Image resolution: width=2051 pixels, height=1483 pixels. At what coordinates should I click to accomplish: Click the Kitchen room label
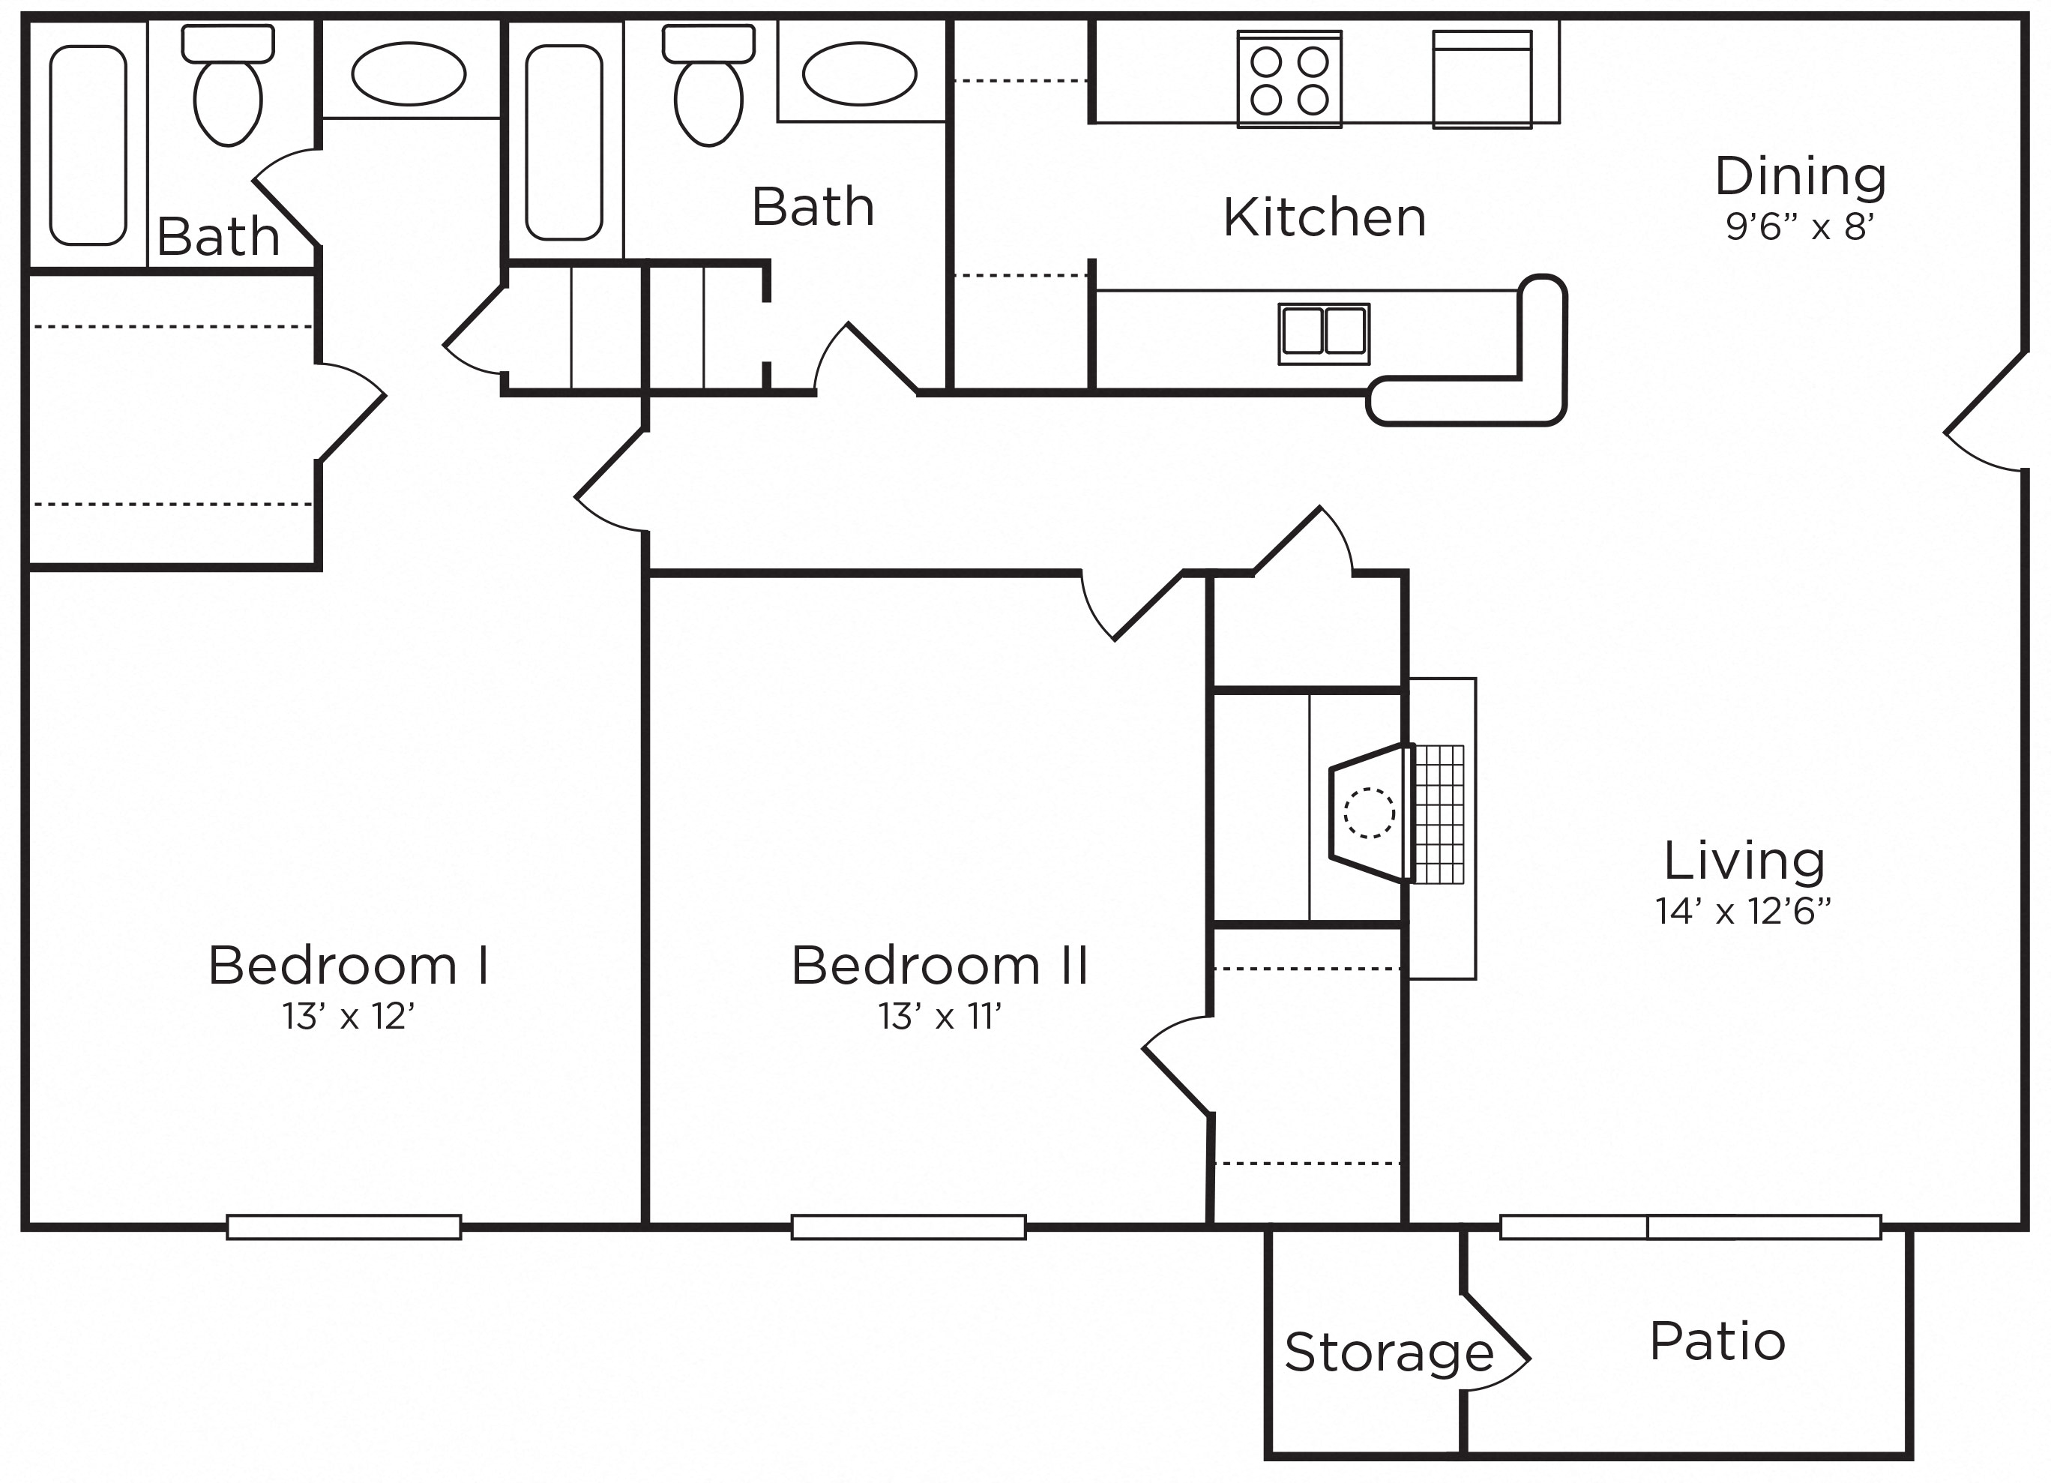(x=1325, y=218)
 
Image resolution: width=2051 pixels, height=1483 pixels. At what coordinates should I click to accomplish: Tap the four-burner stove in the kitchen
(x=1289, y=79)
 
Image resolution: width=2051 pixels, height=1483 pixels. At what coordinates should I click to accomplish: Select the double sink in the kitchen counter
(x=1324, y=334)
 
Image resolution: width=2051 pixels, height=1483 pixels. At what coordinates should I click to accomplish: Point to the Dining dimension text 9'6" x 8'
(x=1800, y=227)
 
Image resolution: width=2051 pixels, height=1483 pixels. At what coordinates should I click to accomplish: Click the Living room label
(x=1744, y=861)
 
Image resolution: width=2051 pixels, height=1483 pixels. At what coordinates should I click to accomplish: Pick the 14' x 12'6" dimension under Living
(x=1744, y=912)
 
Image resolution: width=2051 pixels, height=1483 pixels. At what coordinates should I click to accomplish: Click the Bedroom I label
(x=349, y=966)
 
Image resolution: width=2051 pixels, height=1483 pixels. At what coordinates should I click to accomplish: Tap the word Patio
(x=1717, y=1341)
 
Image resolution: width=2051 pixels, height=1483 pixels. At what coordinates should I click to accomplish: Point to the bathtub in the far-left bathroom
(x=88, y=145)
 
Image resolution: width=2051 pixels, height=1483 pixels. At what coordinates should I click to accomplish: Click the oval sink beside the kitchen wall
(x=859, y=73)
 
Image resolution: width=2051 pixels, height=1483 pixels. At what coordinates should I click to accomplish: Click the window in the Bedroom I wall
(x=343, y=1227)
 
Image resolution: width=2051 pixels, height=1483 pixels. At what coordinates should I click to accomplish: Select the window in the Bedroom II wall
(x=909, y=1227)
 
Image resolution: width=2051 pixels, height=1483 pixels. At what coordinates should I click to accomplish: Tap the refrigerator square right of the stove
(x=1482, y=79)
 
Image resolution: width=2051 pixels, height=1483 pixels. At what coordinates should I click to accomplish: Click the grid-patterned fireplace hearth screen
(x=1439, y=813)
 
